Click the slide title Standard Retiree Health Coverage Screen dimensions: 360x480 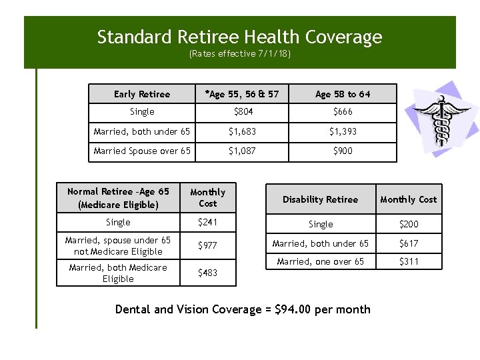coord(240,37)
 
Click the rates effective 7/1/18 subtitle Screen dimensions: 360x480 coord(240,54)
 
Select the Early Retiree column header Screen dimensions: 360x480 coord(142,94)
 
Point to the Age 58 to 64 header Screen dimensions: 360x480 coord(343,94)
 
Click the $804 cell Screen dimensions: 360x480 coord(242,112)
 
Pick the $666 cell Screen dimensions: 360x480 coord(343,112)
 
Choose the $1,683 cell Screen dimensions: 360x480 coord(242,131)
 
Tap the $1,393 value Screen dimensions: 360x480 coord(343,131)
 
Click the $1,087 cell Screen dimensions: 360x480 coord(242,151)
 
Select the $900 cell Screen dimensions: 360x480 coord(343,151)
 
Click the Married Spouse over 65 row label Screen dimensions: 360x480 coord(142,151)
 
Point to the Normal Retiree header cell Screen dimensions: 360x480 coord(118,199)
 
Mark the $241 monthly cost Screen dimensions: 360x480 coord(208,222)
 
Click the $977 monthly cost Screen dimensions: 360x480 coord(208,246)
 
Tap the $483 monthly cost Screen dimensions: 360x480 coord(208,273)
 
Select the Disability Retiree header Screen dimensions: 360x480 coord(320,199)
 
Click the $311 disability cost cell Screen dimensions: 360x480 coord(409,261)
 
